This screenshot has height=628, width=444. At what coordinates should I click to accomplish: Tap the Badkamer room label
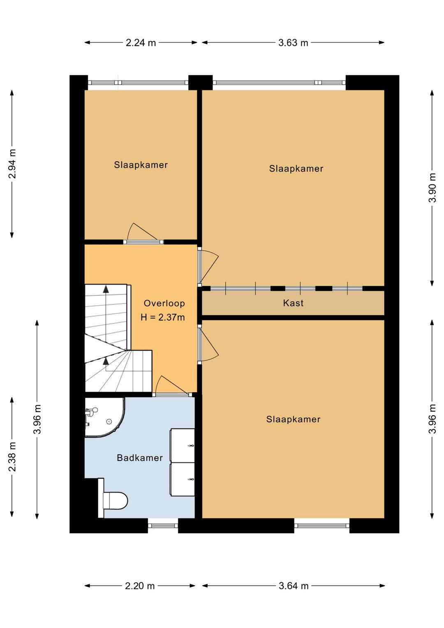point(140,458)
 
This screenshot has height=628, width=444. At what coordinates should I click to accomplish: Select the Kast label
point(293,303)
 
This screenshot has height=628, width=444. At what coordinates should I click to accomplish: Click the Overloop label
point(164,303)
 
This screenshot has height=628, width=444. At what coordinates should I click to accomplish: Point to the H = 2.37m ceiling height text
point(163,317)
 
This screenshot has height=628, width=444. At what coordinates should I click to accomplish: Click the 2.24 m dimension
point(141,43)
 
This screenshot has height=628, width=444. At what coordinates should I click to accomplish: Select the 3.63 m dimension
point(293,43)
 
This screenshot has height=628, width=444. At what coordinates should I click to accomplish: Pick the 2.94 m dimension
point(12,164)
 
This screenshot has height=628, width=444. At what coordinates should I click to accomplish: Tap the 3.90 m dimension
point(432,188)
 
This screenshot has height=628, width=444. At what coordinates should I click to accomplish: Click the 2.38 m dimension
point(12,457)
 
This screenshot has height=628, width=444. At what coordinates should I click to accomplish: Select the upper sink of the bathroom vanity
point(183,445)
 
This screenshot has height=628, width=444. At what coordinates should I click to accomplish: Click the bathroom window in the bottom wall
point(163,526)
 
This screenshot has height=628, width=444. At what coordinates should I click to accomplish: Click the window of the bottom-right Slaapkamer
point(321,526)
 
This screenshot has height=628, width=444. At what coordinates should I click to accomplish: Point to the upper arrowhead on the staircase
point(106,289)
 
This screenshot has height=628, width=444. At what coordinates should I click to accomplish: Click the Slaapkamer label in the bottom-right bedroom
point(293,419)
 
